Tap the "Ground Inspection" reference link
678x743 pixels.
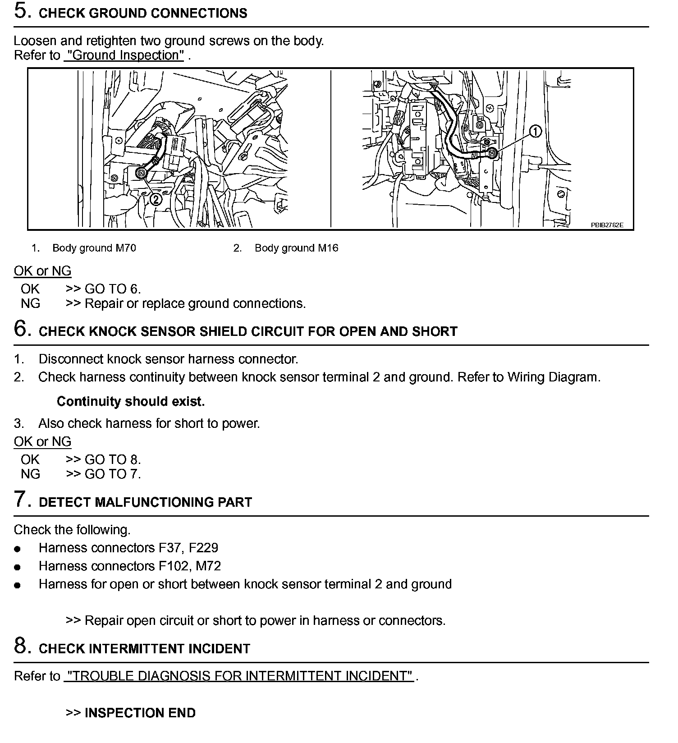124,55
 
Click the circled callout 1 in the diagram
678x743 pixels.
535,132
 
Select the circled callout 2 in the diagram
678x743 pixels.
156,198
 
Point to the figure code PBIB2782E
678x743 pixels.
607,225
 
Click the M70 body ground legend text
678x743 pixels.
94,248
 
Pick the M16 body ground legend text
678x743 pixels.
296,248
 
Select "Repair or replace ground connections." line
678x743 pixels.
195,303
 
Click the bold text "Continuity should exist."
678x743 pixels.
131,401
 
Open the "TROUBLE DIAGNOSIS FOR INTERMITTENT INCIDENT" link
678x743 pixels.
238,676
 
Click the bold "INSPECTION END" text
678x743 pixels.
140,713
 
